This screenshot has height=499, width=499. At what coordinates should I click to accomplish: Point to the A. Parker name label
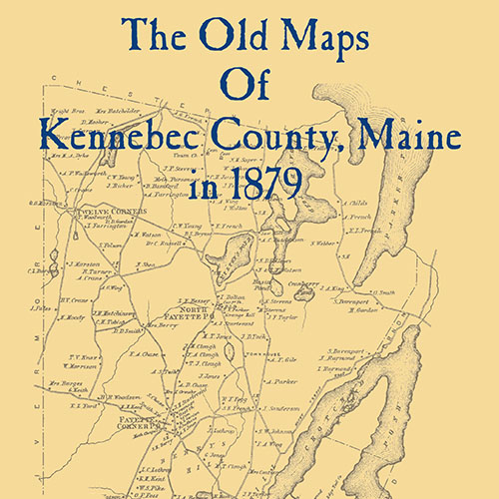point(282,379)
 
